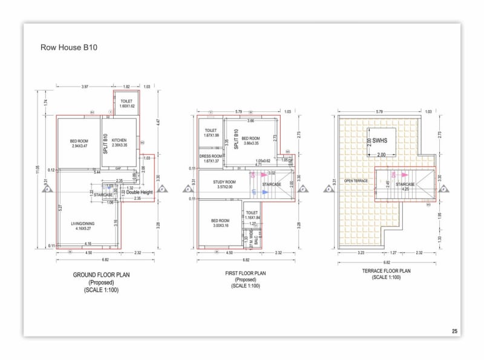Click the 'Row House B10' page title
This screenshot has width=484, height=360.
point(68,47)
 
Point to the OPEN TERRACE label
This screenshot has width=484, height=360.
point(356,181)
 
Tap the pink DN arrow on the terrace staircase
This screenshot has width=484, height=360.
point(393,175)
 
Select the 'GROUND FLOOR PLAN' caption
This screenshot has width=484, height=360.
point(101,276)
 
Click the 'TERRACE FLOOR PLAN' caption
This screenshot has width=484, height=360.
point(387,271)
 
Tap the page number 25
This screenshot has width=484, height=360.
point(454,331)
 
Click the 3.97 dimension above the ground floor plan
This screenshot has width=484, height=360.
point(85,87)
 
